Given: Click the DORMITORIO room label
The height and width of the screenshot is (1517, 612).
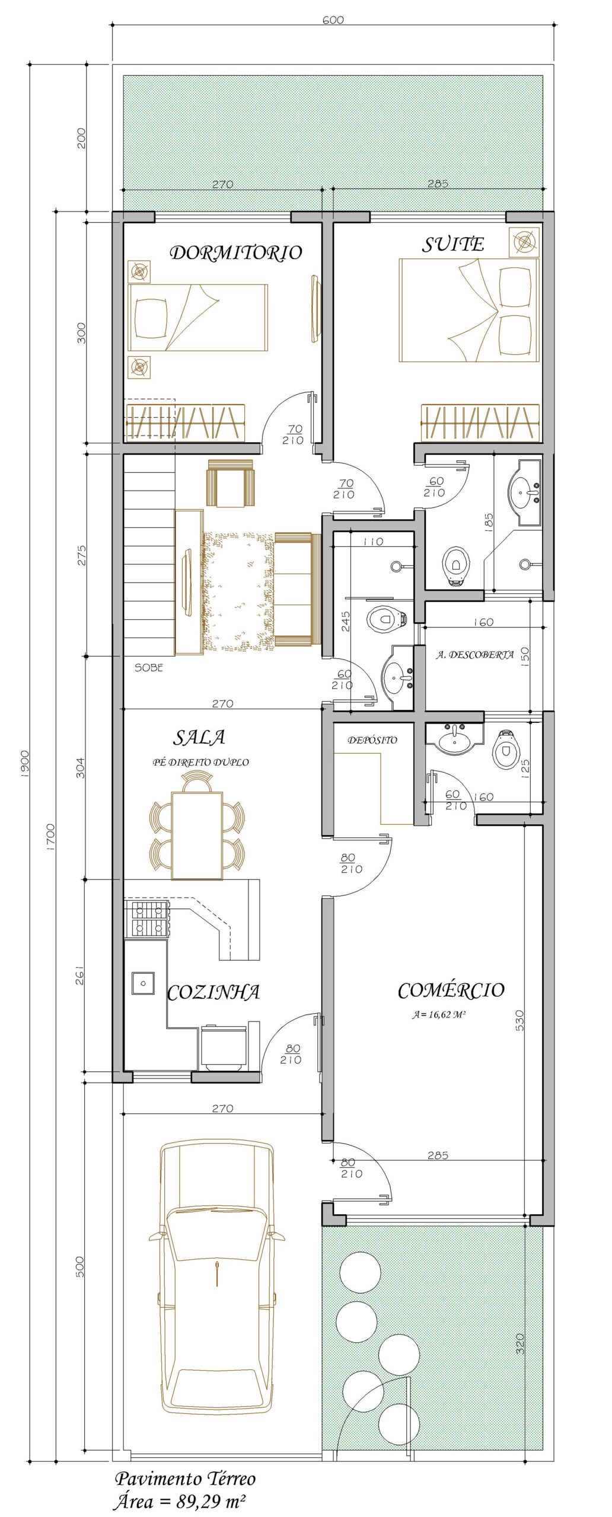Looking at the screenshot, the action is [236, 253].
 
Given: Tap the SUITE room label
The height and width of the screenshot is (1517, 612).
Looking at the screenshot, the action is [453, 245].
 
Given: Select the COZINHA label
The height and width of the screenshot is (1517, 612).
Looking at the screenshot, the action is [213, 993].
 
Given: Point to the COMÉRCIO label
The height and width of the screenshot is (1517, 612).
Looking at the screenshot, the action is [451, 990].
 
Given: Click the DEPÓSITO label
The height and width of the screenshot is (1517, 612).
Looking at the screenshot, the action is [372, 740].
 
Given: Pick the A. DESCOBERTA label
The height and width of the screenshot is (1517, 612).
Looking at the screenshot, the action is [475, 655].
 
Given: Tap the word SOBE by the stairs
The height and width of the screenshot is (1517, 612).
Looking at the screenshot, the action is [148, 667].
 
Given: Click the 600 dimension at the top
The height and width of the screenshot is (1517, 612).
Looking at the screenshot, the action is [333, 20].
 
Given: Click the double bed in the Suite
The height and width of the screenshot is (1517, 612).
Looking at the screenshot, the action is [469, 310].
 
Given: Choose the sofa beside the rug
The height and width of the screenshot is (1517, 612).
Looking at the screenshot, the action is [297, 589].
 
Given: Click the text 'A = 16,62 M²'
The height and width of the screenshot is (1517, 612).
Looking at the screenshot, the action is [439, 1015].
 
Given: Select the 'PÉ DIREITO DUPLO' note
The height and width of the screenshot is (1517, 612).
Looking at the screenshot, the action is [201, 762].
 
